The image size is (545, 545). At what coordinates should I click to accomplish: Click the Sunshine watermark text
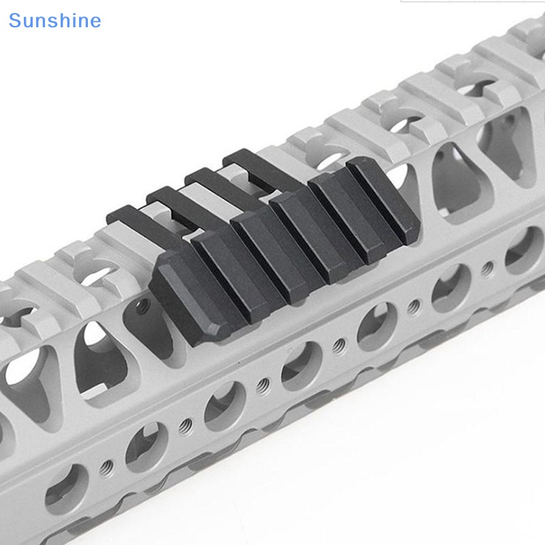[54, 20]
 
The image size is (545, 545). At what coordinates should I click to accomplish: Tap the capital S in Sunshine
[15, 20]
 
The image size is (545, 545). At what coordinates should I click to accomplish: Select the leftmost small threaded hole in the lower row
[106, 467]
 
